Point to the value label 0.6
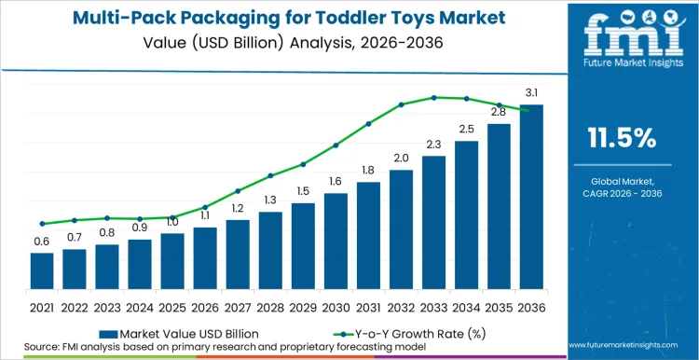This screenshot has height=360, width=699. [42, 242]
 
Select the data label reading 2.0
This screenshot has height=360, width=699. [401, 158]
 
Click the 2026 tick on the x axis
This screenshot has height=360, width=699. [205, 306]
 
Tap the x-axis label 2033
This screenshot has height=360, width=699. [433, 306]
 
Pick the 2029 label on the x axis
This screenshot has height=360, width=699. [303, 306]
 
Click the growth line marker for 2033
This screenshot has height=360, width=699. [433, 97]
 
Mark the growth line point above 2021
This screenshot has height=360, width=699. [42, 224]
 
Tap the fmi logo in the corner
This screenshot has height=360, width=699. [622, 37]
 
